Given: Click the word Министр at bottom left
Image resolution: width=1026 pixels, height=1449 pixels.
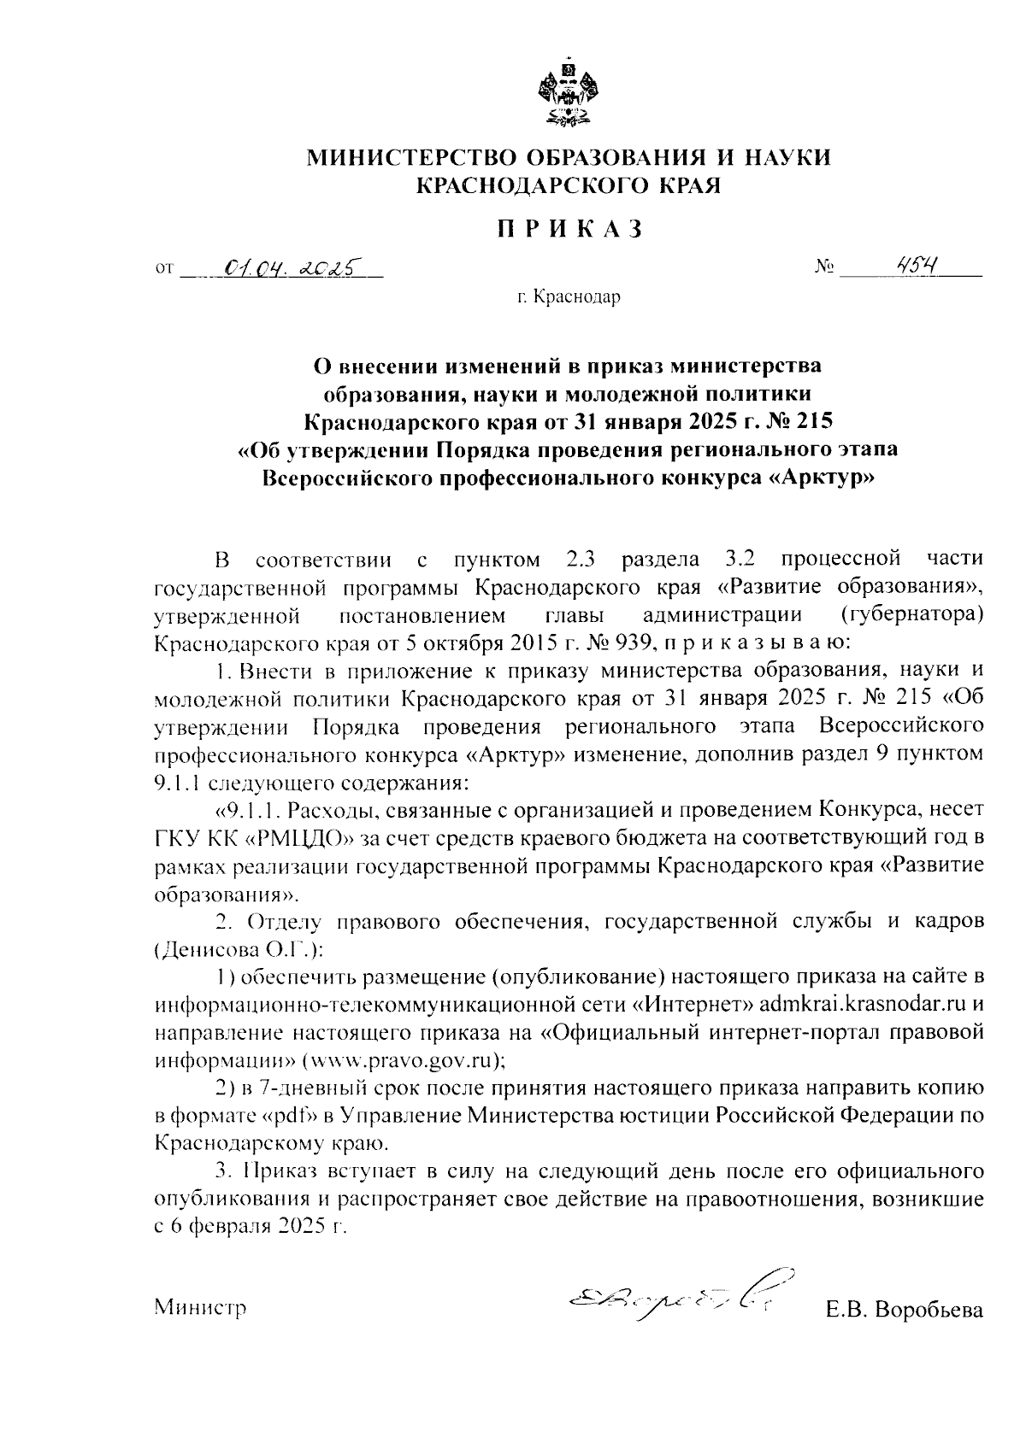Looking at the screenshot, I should click(x=200, y=1308).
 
